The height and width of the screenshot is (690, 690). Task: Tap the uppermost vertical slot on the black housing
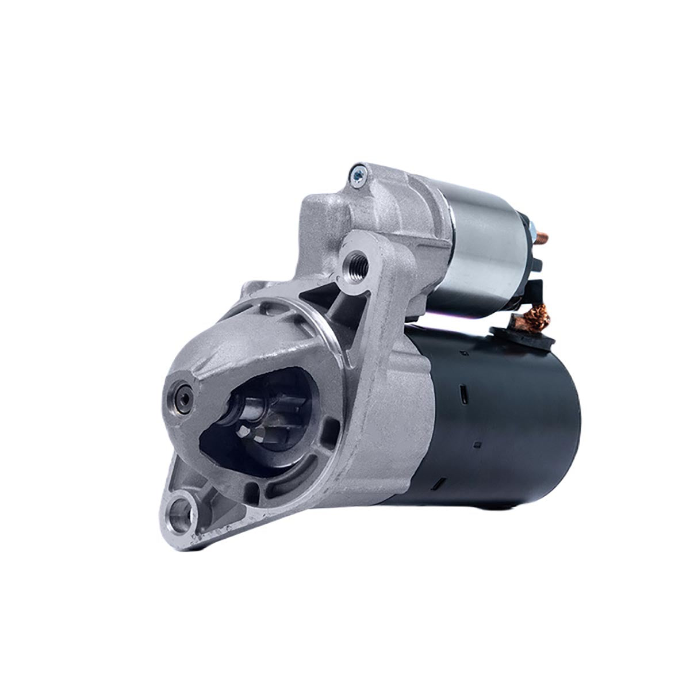[x=462, y=393]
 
